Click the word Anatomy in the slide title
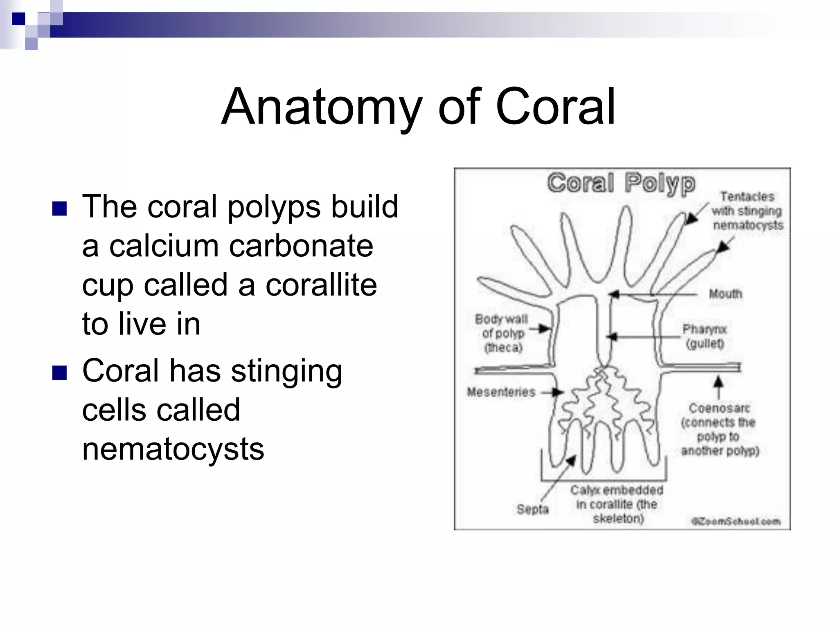pyautogui.click(x=322, y=107)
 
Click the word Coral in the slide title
pyautogui.click(x=555, y=107)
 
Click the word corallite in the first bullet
pyautogui.click(x=321, y=285)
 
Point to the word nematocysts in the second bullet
pyautogui.click(x=173, y=449)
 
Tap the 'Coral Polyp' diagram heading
pyautogui.click(x=621, y=183)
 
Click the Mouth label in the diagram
pyautogui.click(x=725, y=294)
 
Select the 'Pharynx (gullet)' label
pyautogui.click(x=705, y=336)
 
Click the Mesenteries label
pyautogui.click(x=501, y=392)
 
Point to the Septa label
pyautogui.click(x=532, y=509)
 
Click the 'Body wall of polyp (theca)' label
pyautogui.click(x=502, y=333)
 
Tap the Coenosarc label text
pyautogui.click(x=719, y=429)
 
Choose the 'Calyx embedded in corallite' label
pyautogui.click(x=617, y=504)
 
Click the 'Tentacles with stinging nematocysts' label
pyautogui.click(x=747, y=211)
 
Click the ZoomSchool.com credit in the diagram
pyautogui.click(x=735, y=521)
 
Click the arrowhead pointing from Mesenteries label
pyautogui.click(x=558, y=392)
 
